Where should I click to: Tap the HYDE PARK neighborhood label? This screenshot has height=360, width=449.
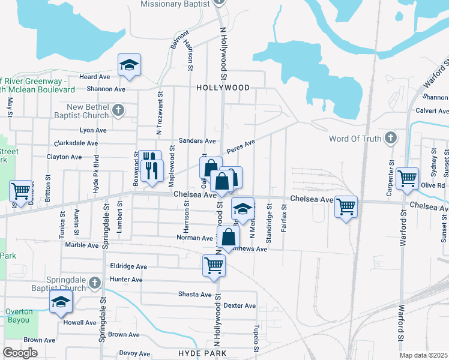click(202, 353)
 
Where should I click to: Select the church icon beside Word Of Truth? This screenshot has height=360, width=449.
click(391, 139)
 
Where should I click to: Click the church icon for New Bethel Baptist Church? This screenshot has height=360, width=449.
click(118, 110)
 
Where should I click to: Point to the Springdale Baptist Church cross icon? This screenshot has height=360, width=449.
click(94, 283)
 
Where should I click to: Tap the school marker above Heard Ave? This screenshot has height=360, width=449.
click(128, 65)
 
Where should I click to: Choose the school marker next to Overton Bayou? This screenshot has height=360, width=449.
click(61, 302)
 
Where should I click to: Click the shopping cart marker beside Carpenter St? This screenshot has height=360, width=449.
click(408, 178)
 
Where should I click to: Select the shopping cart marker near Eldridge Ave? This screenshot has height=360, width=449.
click(214, 265)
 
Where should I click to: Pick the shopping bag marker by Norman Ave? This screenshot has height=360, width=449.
click(229, 237)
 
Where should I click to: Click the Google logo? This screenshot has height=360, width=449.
click(20, 353)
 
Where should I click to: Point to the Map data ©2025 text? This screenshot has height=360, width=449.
click(423, 355)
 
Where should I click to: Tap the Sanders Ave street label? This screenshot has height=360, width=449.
click(201, 141)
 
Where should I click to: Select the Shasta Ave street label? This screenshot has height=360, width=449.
click(194, 295)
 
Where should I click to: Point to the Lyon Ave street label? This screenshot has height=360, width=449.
click(93, 130)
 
